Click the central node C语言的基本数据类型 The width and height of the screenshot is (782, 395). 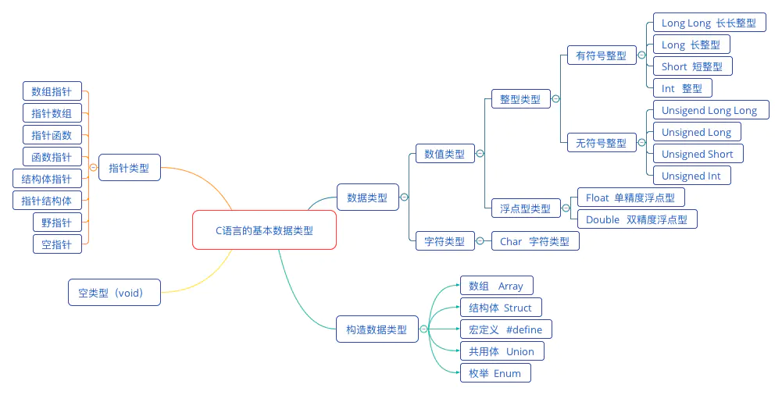(264, 230)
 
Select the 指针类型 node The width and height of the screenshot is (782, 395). (129, 167)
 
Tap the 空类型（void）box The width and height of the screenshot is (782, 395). (115, 294)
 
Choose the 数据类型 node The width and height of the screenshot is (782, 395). (367, 197)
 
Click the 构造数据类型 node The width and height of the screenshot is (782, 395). (377, 329)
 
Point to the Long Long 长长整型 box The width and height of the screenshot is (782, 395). (709, 23)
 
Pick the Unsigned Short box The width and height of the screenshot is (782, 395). (698, 154)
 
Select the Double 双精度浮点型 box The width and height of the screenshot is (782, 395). (637, 219)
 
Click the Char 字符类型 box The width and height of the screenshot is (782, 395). (535, 241)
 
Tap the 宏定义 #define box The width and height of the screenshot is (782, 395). (505, 329)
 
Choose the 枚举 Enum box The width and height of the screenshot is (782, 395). (495, 373)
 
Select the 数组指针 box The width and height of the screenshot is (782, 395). (52, 91)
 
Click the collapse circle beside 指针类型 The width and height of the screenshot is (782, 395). (93, 167)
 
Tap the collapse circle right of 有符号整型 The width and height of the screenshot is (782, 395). (642, 55)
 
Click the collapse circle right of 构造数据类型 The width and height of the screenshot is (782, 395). (424, 329)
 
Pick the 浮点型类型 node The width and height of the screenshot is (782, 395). (525, 208)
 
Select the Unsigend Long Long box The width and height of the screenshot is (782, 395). (709, 110)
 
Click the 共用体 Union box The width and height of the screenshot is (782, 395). (502, 351)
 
